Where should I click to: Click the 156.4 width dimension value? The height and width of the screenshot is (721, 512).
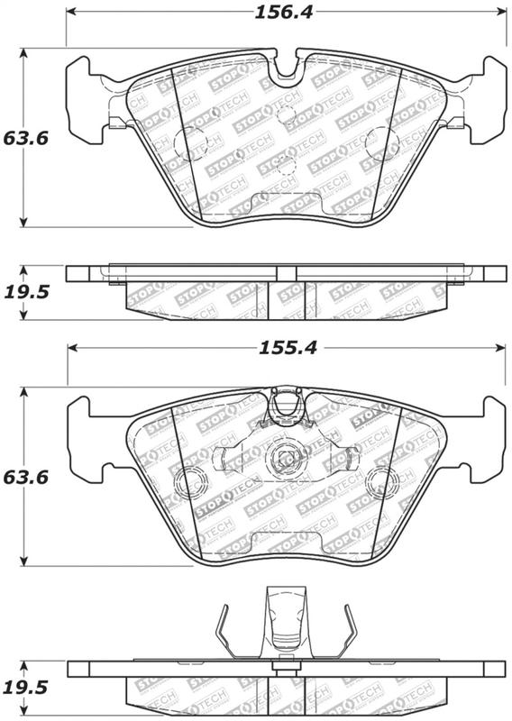pyautogui.click(x=284, y=13)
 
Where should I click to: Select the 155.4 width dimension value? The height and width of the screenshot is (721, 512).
pyautogui.click(x=288, y=348)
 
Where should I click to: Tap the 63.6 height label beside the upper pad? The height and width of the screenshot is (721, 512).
pyautogui.click(x=26, y=138)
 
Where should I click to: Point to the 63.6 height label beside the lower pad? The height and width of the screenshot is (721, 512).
pyautogui.click(x=26, y=478)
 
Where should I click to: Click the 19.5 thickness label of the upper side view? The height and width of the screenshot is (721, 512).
pyautogui.click(x=26, y=292)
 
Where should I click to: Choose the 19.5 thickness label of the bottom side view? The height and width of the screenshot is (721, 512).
pyautogui.click(x=26, y=688)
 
